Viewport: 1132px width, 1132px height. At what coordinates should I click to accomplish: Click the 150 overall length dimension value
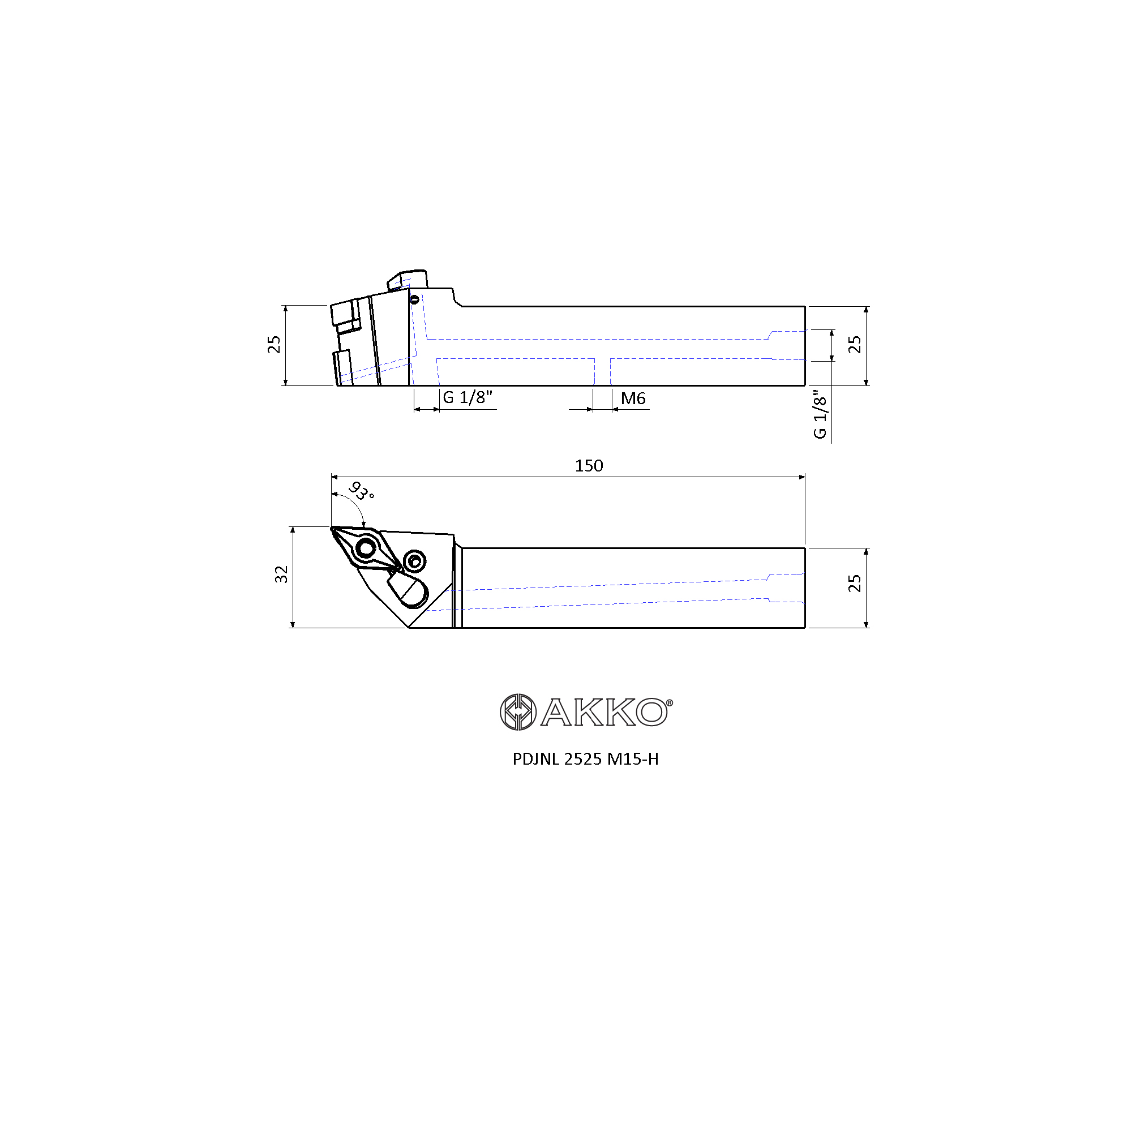[588, 466]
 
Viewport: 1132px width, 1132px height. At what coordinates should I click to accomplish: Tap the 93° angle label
[362, 491]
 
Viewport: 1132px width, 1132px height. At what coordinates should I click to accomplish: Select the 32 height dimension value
[281, 574]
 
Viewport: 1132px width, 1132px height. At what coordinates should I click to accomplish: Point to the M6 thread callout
[633, 398]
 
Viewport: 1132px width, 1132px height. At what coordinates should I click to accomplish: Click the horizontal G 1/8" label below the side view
[468, 397]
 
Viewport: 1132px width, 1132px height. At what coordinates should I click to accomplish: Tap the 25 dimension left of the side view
[273, 345]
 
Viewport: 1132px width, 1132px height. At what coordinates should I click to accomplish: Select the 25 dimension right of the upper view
[854, 345]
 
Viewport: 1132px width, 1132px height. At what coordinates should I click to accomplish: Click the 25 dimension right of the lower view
[854, 583]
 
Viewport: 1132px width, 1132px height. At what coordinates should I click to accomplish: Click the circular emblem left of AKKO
[518, 712]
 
